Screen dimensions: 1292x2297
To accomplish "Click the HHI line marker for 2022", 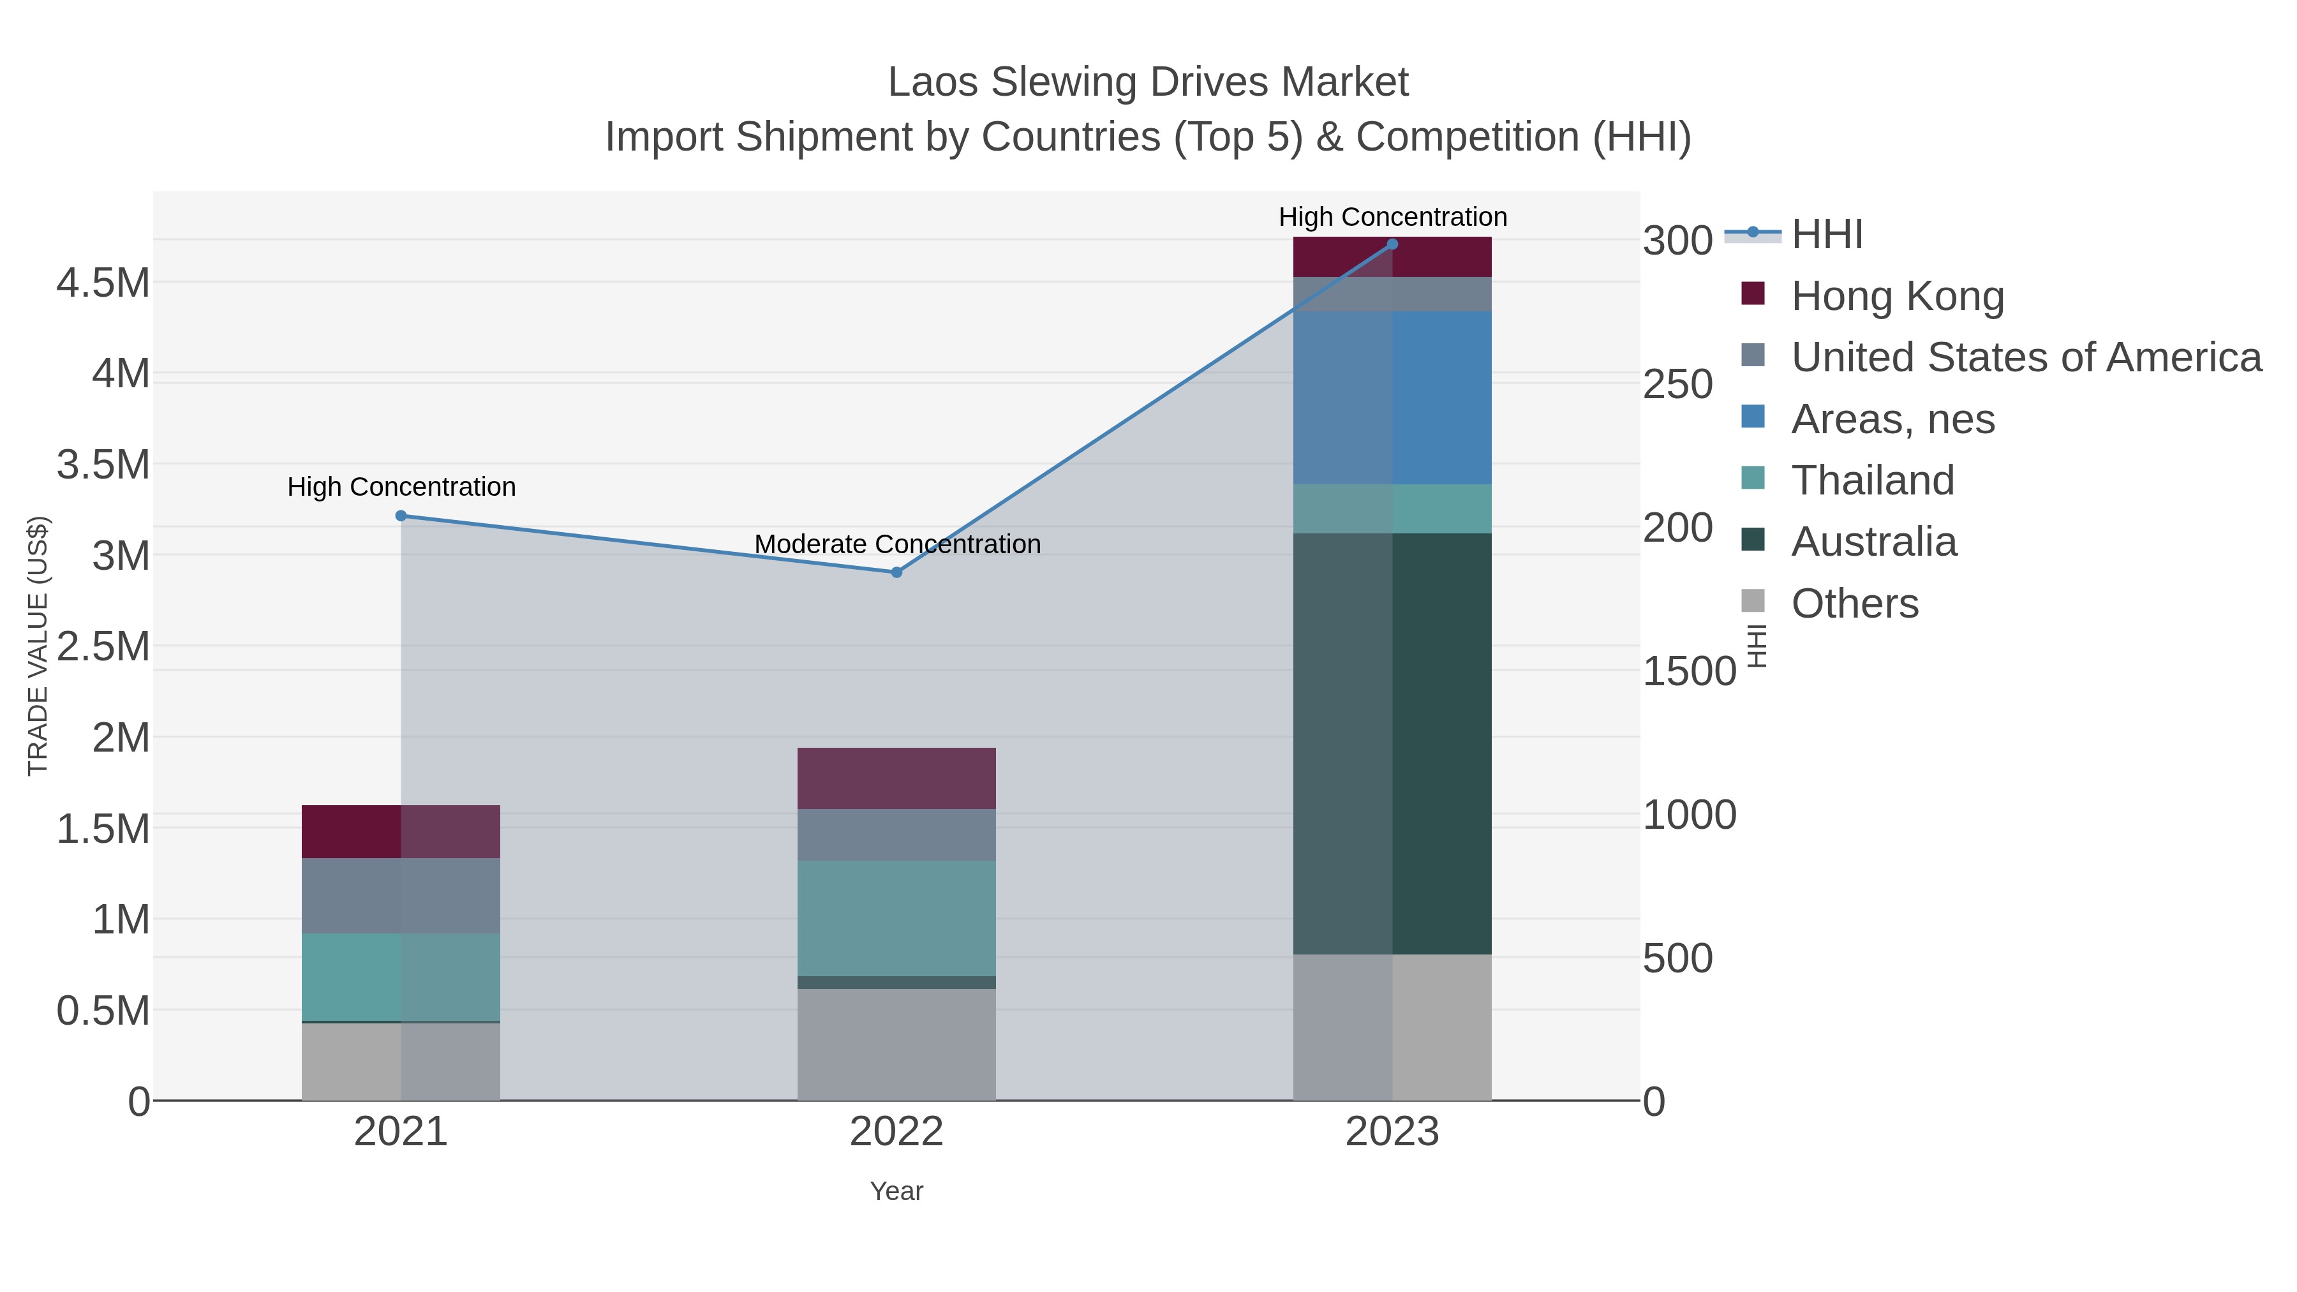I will pos(897,572).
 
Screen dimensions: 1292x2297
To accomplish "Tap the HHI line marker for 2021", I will pos(401,516).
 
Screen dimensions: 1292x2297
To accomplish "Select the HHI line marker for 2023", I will pos(1393,244).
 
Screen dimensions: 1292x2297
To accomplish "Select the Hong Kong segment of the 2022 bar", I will pos(897,778).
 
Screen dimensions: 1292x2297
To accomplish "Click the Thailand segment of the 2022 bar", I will pos(897,918).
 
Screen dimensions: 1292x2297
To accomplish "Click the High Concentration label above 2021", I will pos(401,487).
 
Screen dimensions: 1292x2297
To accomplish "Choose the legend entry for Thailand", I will pos(1873,480).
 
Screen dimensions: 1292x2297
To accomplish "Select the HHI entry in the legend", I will pos(1826,235).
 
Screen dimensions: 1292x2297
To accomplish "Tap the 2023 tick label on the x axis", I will pos(1393,1133).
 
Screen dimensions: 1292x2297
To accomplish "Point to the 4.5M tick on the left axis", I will pos(103,283).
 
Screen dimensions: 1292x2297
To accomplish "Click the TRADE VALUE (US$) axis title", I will pos(38,646).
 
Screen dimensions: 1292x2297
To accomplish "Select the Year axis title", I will pos(897,1191).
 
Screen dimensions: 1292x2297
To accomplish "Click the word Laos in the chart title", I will pos(933,82).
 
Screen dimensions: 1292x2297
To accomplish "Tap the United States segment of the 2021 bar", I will pos(401,896).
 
